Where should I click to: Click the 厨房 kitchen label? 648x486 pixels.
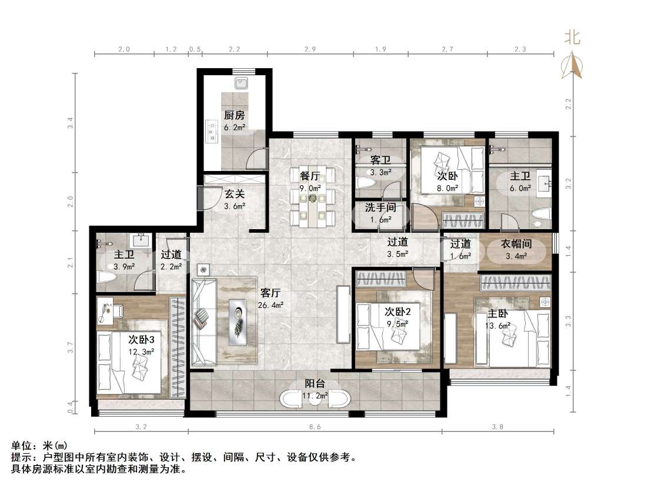pyautogui.click(x=234, y=115)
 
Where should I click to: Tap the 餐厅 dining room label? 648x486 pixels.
pyautogui.click(x=310, y=176)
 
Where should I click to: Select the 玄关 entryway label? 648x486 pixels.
pyautogui.click(x=234, y=194)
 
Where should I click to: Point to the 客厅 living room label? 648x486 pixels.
pyautogui.click(x=270, y=293)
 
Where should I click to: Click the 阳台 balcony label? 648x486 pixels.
pyautogui.click(x=315, y=383)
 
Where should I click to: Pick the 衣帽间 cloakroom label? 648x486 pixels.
pyautogui.click(x=516, y=244)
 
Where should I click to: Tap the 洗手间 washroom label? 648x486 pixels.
pyautogui.click(x=380, y=207)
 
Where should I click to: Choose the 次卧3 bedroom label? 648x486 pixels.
pyautogui.click(x=141, y=340)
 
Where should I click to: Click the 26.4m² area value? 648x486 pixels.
pyautogui.click(x=270, y=305)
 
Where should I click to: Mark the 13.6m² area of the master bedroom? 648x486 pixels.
pyautogui.click(x=497, y=326)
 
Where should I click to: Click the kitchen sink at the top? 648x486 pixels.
pyautogui.click(x=241, y=83)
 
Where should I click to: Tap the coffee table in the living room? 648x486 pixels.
pyautogui.click(x=239, y=321)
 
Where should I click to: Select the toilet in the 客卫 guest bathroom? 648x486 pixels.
pyautogui.click(x=366, y=183)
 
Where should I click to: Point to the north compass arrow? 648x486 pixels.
pyautogui.click(x=572, y=65)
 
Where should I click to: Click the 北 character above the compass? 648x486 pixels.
pyautogui.click(x=572, y=38)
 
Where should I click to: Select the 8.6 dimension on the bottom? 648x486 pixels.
pyautogui.click(x=315, y=427)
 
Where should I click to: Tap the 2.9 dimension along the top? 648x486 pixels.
pyautogui.click(x=310, y=49)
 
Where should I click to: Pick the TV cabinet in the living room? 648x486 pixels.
pyautogui.click(x=343, y=314)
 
